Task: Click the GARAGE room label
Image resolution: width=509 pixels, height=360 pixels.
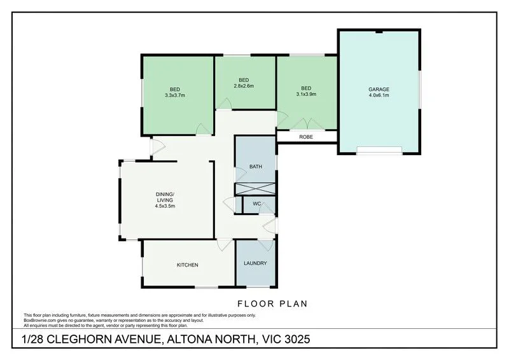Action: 378,89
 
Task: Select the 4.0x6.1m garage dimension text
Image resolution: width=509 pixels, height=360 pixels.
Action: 378,95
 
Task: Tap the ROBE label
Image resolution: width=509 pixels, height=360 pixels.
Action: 306,137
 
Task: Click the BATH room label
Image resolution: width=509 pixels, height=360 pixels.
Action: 255,167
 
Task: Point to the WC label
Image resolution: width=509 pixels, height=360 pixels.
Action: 257,204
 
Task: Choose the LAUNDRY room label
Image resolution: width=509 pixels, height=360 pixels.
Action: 255,263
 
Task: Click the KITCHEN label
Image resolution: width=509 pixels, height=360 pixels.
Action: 188,265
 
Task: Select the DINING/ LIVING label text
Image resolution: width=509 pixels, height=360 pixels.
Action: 165,197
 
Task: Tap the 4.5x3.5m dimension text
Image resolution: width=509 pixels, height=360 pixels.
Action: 165,206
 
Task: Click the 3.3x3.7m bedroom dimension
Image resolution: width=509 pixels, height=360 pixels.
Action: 174,95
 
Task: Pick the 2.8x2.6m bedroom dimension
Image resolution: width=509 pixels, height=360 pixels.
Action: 244,86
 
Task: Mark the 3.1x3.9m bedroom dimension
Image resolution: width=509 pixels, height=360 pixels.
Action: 306,94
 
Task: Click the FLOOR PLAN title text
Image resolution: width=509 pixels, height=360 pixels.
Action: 265,303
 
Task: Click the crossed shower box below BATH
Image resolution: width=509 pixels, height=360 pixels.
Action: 255,189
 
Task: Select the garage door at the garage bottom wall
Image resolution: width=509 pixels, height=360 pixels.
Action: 379,150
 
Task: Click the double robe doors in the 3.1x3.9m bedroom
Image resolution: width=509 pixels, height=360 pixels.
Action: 307,123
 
